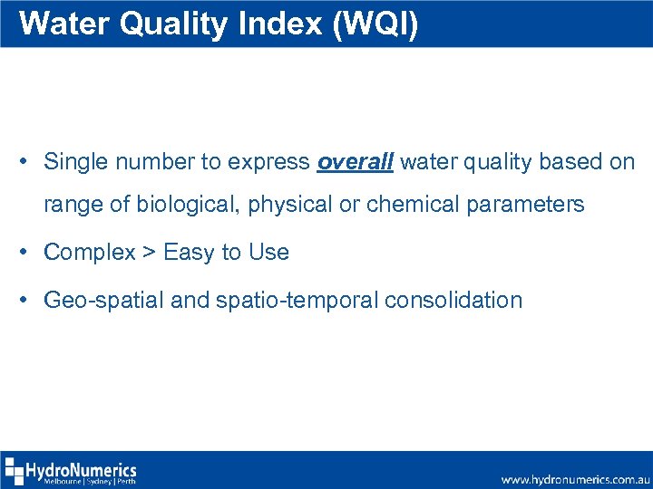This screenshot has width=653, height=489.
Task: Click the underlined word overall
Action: click(355, 162)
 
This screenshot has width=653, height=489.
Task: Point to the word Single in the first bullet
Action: click(74, 162)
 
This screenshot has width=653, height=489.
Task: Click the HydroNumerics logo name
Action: click(82, 469)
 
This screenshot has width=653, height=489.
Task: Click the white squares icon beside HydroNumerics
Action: click(14, 472)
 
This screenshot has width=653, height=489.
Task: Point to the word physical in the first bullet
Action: click(289, 205)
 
